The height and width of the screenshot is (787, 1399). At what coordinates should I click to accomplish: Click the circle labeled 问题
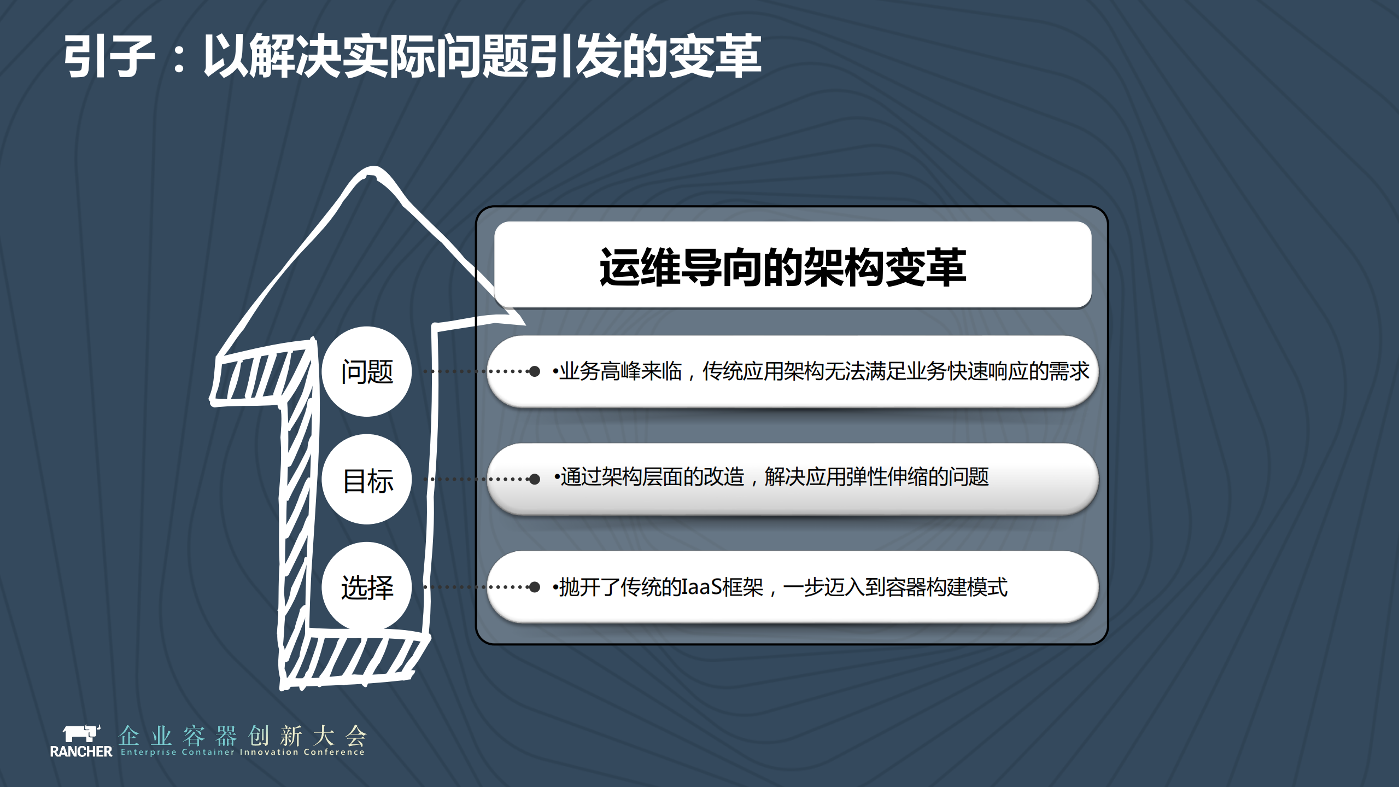tap(367, 372)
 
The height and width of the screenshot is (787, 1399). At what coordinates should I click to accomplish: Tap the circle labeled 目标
tap(367, 480)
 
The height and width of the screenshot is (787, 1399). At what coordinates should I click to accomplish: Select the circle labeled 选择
tap(367, 587)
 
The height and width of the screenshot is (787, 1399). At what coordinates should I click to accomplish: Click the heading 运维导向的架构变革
tap(782, 267)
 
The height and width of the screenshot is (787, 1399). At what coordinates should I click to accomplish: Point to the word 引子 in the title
tap(109, 56)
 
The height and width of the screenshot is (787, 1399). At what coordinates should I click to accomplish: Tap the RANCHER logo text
tap(81, 751)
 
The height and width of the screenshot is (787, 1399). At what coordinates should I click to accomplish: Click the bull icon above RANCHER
tap(81, 733)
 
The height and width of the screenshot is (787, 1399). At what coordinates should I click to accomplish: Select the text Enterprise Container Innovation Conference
tap(242, 752)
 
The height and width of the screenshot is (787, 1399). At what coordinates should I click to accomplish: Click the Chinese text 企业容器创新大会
tap(242, 736)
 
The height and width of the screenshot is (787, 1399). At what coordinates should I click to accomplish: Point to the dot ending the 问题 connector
tap(535, 372)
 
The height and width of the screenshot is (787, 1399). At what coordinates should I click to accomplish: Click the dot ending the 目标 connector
tap(535, 480)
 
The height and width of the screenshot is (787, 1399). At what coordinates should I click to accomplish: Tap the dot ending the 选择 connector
tap(535, 587)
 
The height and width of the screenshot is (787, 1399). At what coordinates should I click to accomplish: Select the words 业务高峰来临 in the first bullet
tap(621, 371)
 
